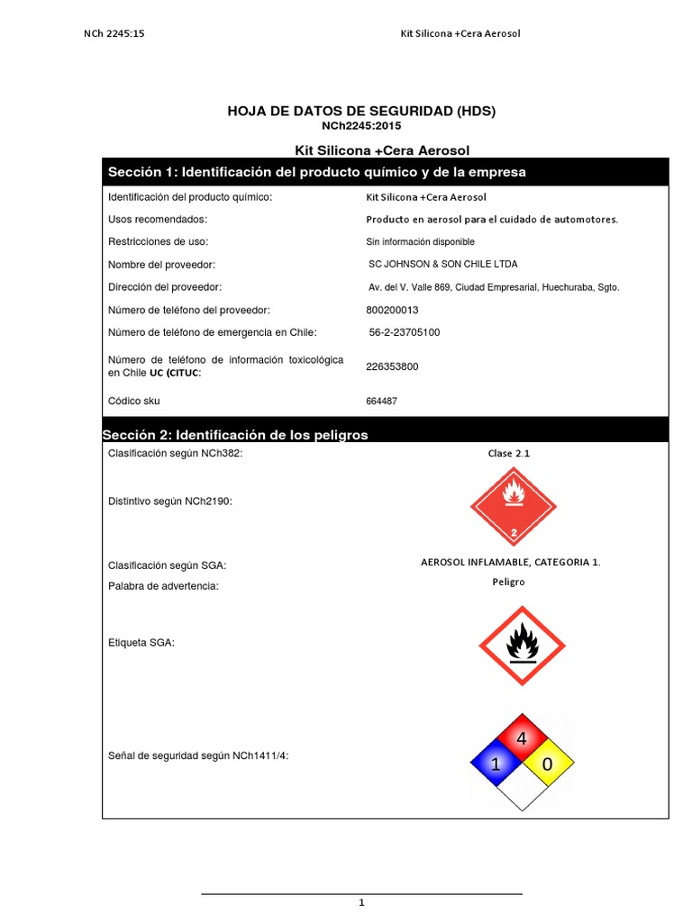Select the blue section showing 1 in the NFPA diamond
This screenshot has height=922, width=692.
point(495,765)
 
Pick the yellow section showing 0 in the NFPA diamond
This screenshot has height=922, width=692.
point(545,765)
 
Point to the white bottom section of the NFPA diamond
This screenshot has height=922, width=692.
point(520,791)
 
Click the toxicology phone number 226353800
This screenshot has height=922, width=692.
point(392,366)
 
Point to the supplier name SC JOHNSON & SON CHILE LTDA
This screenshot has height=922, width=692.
point(443,264)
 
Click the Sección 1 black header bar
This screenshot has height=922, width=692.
point(385,172)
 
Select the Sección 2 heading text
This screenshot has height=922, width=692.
point(236,435)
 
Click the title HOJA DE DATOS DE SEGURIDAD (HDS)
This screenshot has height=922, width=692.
point(361,111)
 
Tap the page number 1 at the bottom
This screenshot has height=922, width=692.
point(361,902)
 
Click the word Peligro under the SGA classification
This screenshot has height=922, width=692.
point(508,582)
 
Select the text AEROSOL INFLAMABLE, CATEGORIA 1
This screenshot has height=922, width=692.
point(510,562)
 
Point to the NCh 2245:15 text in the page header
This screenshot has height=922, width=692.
point(115,33)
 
